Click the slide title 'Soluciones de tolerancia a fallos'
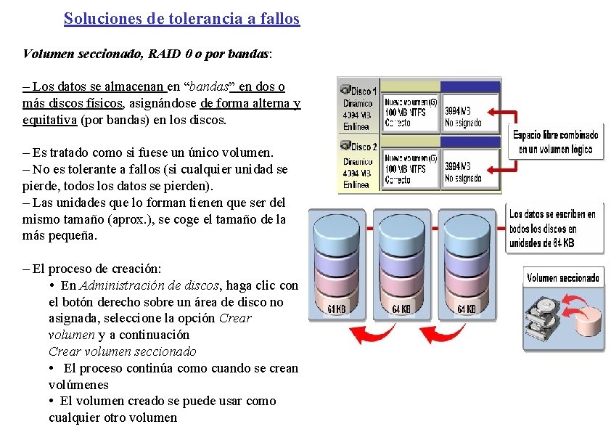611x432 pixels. [x=181, y=19]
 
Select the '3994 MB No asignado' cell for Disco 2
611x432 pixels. [x=470, y=171]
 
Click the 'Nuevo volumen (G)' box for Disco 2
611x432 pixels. [x=411, y=168]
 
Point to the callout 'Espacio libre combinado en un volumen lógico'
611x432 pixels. [x=555, y=142]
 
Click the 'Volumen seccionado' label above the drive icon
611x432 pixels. [x=563, y=277]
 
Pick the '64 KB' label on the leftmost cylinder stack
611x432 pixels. [x=336, y=309]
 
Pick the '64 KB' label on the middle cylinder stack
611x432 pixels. [x=401, y=309]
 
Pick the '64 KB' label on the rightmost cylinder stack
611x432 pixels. [x=466, y=309]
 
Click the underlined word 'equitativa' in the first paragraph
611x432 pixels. [x=50, y=120]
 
